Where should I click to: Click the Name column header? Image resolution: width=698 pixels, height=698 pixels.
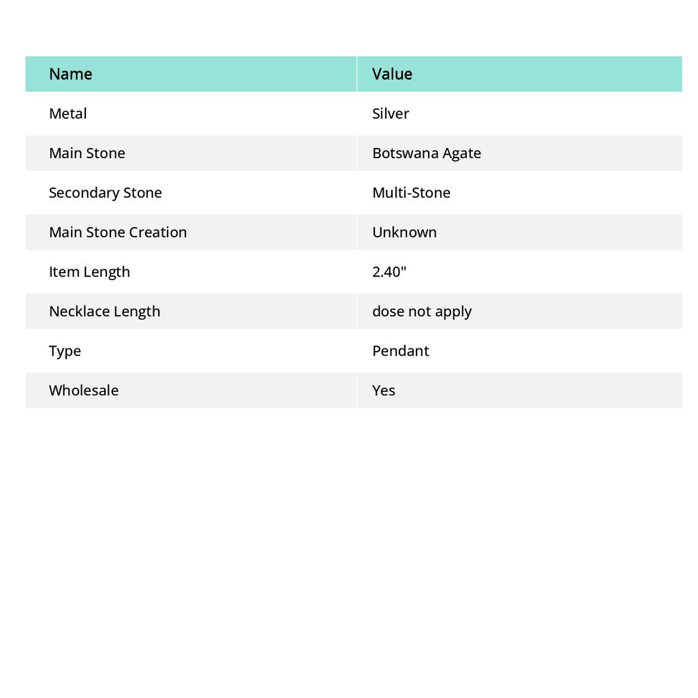coord(70,74)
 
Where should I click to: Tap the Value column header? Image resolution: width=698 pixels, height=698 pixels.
coord(392,74)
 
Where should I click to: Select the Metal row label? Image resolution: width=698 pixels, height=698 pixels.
coord(67,114)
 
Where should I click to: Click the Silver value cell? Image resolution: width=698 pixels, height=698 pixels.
coord(391,114)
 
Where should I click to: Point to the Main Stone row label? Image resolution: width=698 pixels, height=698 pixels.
coord(87,153)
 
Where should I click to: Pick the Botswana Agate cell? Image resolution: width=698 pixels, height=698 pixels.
coord(426,153)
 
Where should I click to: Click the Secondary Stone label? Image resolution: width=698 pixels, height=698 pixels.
coord(105,193)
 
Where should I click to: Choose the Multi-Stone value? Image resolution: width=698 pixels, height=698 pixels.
coord(411,193)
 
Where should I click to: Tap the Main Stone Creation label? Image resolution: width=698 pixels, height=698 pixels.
coord(117,232)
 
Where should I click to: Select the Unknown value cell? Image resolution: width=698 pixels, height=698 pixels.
coord(404,232)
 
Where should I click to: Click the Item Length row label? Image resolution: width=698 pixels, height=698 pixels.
coord(89,272)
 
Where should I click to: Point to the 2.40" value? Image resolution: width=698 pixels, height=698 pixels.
coord(389,272)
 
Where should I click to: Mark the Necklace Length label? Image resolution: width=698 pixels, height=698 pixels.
coord(104,312)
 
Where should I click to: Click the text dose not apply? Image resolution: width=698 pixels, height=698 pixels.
coord(421,312)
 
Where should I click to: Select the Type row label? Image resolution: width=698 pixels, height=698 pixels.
coord(65,351)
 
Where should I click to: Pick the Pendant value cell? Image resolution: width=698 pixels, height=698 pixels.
coord(400,351)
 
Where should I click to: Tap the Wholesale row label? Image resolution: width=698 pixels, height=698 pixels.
coord(83,391)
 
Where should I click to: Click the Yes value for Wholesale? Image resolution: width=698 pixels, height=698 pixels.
coord(383,391)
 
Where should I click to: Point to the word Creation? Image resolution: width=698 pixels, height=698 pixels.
coord(160,232)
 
